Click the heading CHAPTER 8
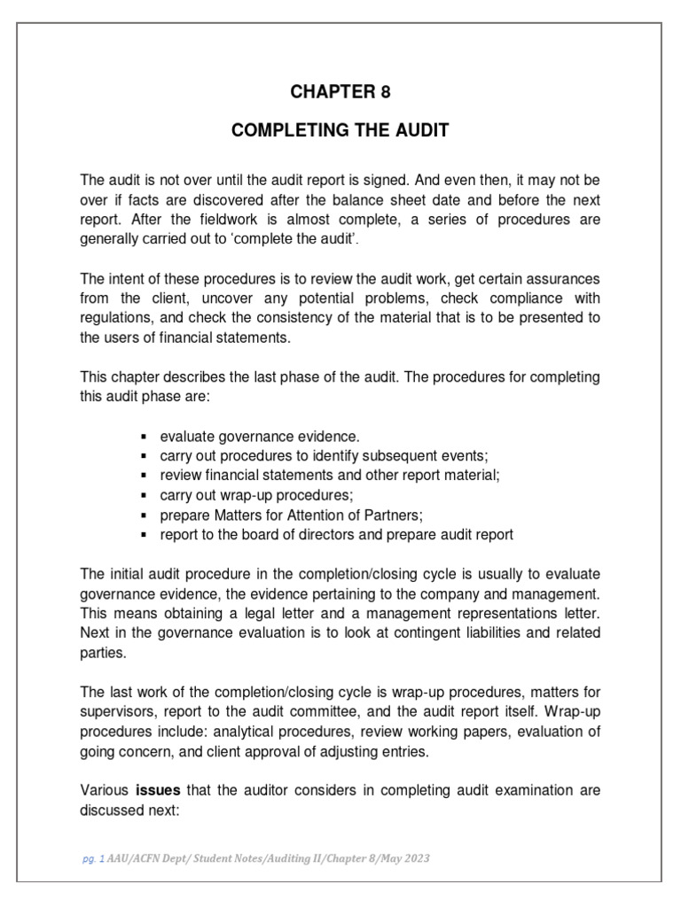(x=340, y=93)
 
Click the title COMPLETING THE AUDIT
(x=340, y=131)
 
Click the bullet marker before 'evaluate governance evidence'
(x=145, y=437)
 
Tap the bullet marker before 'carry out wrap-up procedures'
(x=145, y=495)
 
